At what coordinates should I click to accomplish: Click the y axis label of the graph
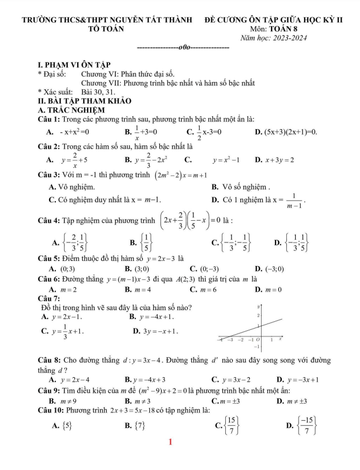(257, 307)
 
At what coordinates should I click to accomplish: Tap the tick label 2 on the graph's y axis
(258, 316)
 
